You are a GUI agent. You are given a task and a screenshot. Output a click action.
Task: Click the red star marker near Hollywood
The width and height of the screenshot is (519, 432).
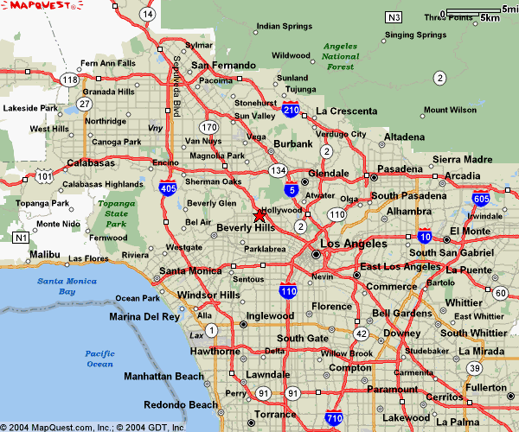click(259, 215)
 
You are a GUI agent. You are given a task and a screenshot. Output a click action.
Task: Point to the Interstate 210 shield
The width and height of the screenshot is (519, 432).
click(292, 110)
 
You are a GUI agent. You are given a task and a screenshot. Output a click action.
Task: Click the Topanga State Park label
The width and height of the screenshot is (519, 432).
click(116, 213)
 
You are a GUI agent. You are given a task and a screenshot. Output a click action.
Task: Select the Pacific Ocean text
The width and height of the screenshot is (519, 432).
click(100, 359)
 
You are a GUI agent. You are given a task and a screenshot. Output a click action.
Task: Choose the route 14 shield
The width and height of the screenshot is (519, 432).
click(149, 14)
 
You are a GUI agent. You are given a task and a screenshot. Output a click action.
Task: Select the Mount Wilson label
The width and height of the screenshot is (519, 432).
click(450, 111)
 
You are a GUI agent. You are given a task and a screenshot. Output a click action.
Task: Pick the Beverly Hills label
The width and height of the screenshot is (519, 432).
click(245, 227)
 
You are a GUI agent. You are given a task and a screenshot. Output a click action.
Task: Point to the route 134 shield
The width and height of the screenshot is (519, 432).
click(277, 170)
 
